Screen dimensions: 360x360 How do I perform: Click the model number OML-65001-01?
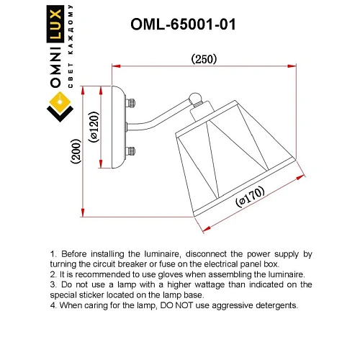(x=183, y=24)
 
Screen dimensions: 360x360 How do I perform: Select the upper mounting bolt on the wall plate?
(x=131, y=103)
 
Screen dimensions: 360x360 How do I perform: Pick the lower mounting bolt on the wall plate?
(x=131, y=151)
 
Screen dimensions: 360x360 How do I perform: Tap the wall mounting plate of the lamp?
(x=118, y=127)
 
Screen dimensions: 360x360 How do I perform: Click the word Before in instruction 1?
(x=76, y=254)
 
